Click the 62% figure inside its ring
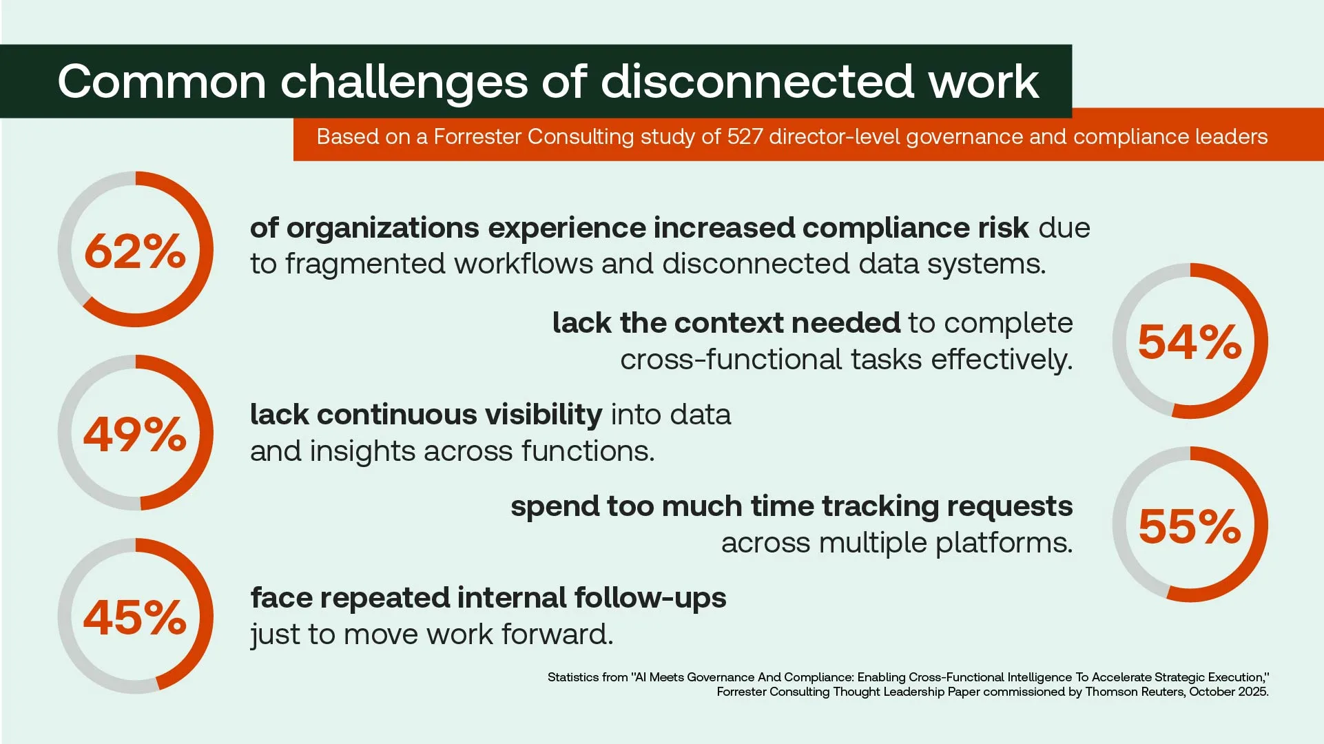point(135,251)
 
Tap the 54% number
point(1190,342)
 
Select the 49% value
point(135,434)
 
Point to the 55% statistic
point(1190,526)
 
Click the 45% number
point(135,617)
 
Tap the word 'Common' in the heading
point(162,82)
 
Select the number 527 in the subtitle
point(745,136)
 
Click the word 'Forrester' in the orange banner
point(477,136)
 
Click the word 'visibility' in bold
point(544,415)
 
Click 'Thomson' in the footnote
point(1110,692)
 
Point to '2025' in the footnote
point(1253,692)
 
